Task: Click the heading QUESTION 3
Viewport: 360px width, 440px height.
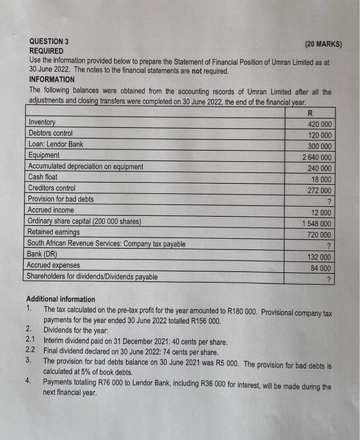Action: click(x=49, y=41)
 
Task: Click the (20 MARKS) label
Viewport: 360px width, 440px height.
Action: click(x=323, y=45)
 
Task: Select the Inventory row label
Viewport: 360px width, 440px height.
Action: click(x=41, y=122)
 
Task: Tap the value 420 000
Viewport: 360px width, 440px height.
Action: click(x=319, y=124)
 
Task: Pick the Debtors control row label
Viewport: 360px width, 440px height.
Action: click(x=50, y=133)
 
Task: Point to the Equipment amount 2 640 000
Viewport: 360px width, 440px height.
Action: click(x=317, y=157)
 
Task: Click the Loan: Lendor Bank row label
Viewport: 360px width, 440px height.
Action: click(x=55, y=144)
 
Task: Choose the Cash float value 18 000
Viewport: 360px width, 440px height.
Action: click(x=321, y=180)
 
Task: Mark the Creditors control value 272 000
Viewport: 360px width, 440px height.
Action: click(x=319, y=190)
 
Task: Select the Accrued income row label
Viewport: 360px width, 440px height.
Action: click(x=51, y=210)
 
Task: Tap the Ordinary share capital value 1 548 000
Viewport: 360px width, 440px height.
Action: click(x=317, y=224)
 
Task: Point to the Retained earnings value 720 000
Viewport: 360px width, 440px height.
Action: click(x=319, y=234)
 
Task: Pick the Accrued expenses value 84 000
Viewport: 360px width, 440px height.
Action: click(x=320, y=268)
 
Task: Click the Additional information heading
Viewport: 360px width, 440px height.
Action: click(x=61, y=299)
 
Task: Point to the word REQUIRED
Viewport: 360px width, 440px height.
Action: click(x=46, y=50)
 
